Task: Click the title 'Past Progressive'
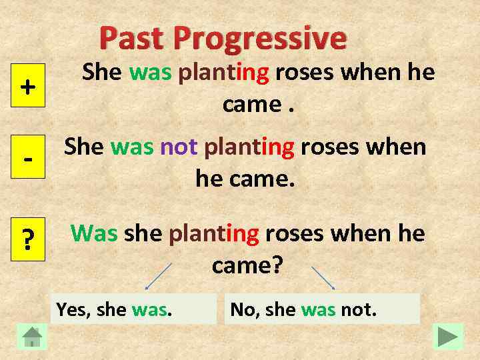(x=223, y=38)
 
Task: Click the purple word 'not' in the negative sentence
(x=179, y=147)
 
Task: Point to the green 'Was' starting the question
(x=94, y=233)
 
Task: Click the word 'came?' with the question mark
(x=247, y=265)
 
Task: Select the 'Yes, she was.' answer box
(x=134, y=309)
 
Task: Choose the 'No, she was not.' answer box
(x=322, y=309)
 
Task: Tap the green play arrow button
(x=447, y=336)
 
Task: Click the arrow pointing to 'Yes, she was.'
(x=159, y=276)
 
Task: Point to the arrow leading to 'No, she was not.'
(x=323, y=277)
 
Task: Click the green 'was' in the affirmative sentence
(x=150, y=73)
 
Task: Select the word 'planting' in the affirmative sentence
(x=223, y=73)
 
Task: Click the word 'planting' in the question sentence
(x=213, y=233)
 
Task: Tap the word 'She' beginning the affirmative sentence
(x=102, y=73)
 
